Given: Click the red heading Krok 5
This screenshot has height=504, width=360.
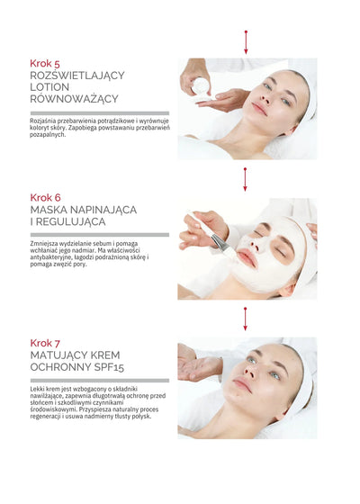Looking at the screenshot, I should (x=45, y=64).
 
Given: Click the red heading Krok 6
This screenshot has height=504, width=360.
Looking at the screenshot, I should (x=45, y=197).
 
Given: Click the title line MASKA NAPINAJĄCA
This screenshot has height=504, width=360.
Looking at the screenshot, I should (x=83, y=209).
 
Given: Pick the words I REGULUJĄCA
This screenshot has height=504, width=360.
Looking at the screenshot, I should (x=67, y=221).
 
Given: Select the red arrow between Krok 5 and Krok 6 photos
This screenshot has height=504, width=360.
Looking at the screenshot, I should (x=245, y=179).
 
